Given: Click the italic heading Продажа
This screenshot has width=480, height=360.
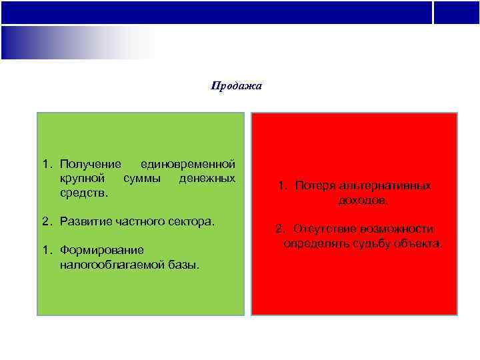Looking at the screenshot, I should [237, 86].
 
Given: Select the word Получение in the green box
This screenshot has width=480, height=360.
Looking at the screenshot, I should [90, 163].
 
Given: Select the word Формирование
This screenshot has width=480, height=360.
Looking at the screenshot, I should [101, 251].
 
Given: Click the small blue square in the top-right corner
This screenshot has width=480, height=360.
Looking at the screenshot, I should [456, 12].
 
